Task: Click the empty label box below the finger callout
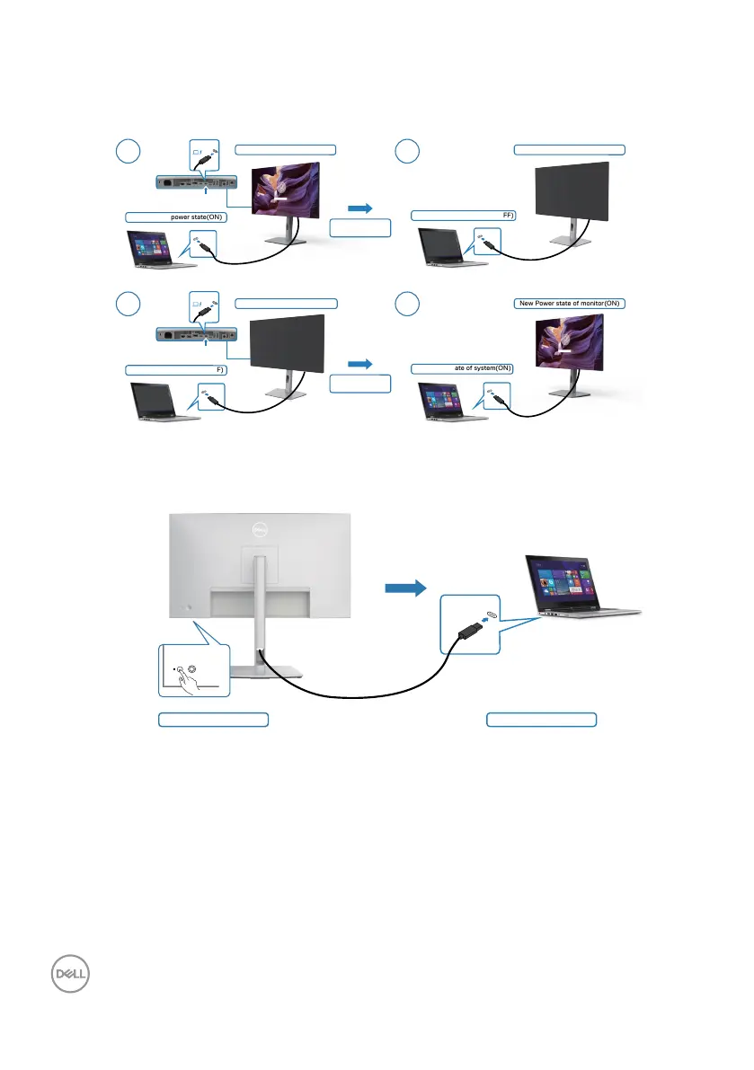pos(213,719)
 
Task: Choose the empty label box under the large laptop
pos(541,719)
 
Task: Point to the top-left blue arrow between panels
pos(359,208)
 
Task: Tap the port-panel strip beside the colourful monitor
pos(196,181)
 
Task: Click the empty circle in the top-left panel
pos(129,151)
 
